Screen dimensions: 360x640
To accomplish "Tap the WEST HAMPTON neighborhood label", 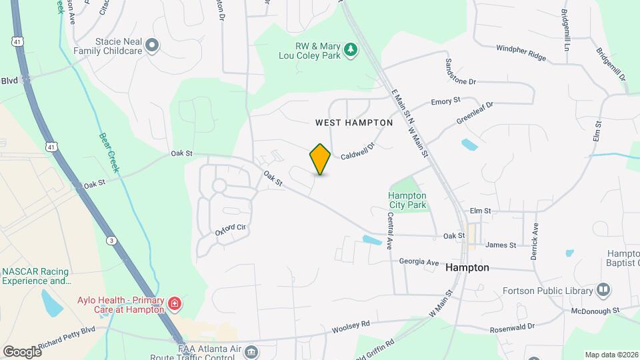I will pyautogui.click(x=354, y=123).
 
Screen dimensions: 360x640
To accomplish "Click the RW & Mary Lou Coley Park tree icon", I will pyautogui.click(x=350, y=50).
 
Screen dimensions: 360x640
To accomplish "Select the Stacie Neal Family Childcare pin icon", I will pyautogui.click(x=152, y=45).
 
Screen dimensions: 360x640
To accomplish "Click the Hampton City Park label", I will pyautogui.click(x=407, y=200).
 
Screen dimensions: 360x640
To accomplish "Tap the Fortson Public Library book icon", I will pyautogui.click(x=603, y=290).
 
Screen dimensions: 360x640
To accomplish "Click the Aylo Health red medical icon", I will pyautogui.click(x=175, y=305).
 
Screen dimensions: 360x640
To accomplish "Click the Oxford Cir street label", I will pyautogui.click(x=231, y=229).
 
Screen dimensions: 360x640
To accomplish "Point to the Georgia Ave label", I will pyautogui.click(x=419, y=262).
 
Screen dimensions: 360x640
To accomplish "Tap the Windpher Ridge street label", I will pyautogui.click(x=521, y=53).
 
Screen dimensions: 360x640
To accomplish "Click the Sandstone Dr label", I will pyautogui.click(x=460, y=71).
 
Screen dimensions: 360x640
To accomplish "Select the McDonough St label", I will pyautogui.click(x=595, y=311).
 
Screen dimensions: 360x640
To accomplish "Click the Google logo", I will pyautogui.click(x=22, y=351).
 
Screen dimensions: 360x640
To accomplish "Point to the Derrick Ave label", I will pyautogui.click(x=534, y=231).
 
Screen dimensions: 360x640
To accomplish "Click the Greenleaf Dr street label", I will pyautogui.click(x=475, y=113).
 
